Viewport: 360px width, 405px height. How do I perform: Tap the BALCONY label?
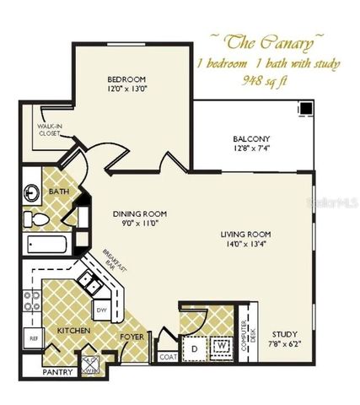252,139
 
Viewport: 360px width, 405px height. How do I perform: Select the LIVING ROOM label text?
251,235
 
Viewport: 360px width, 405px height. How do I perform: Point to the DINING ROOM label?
141,214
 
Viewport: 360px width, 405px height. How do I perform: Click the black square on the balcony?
306,108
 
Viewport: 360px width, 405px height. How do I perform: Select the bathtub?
50,246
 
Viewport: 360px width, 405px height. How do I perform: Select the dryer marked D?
193,346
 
